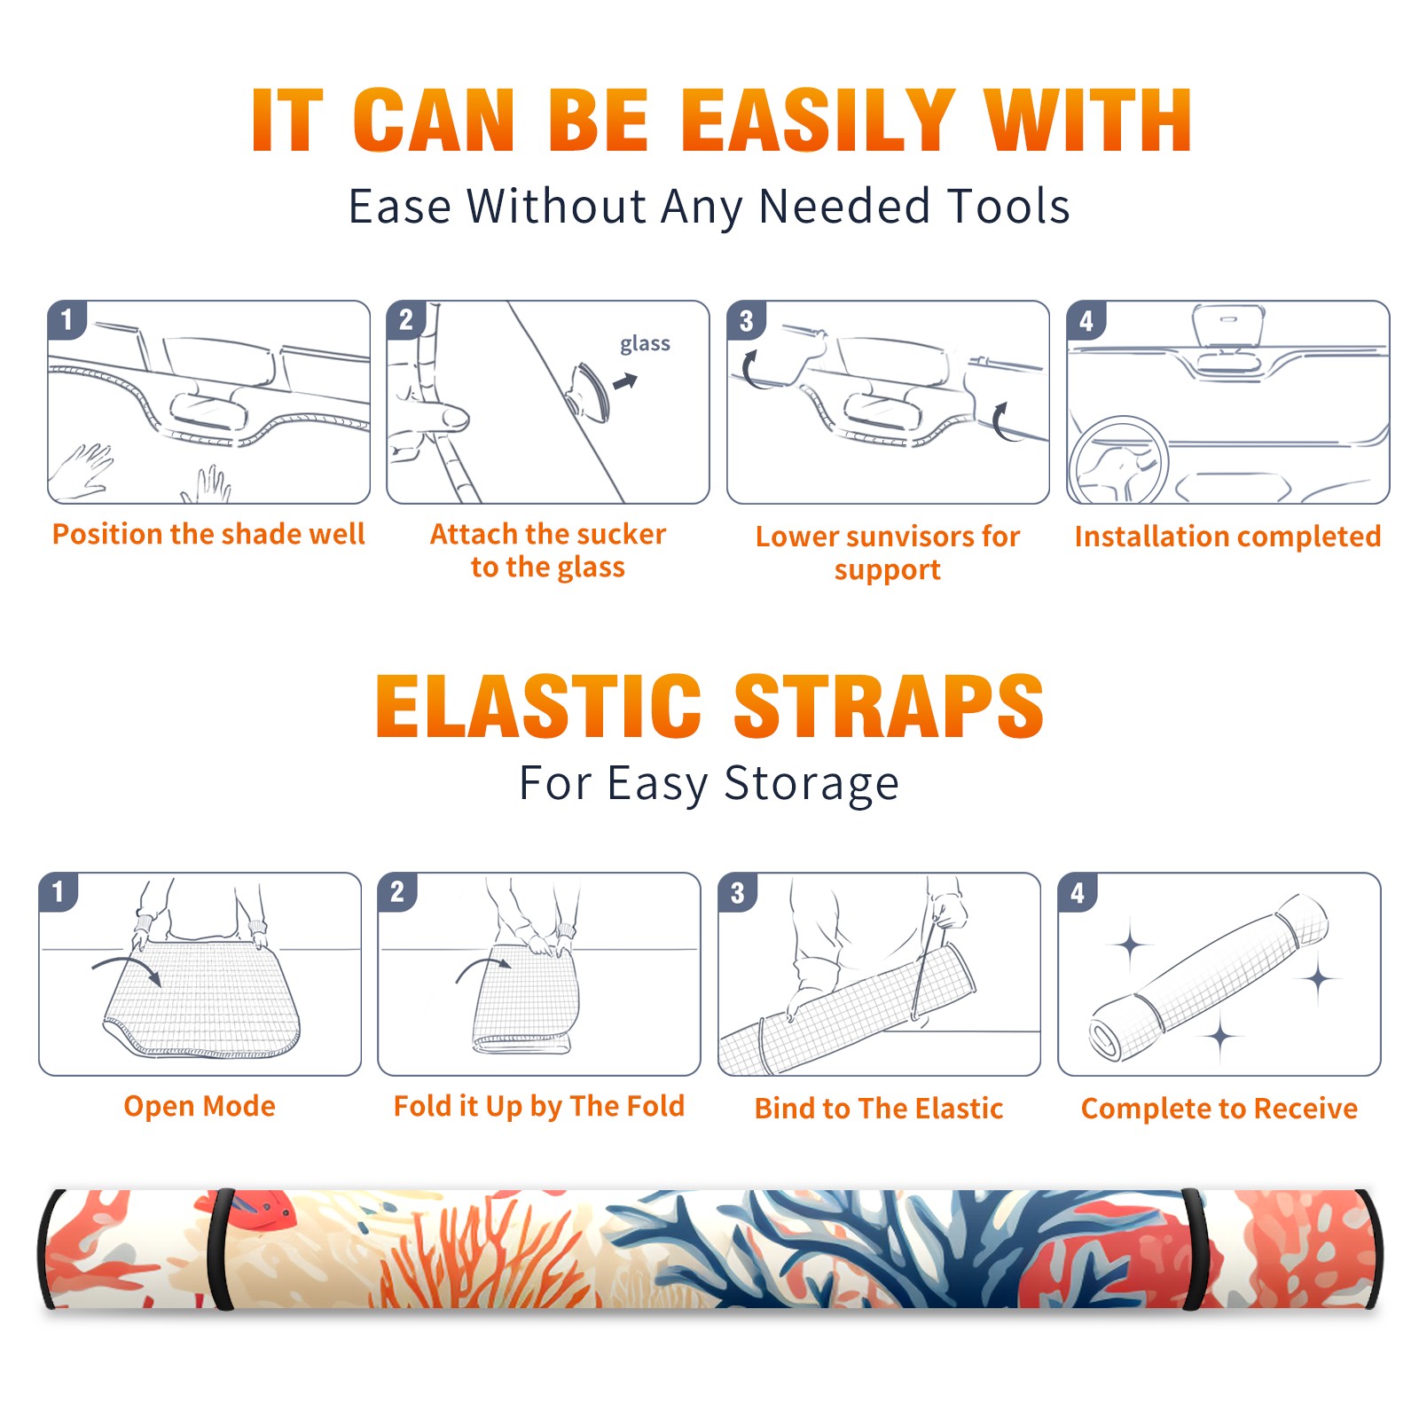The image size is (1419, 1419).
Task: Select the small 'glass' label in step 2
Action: click(645, 344)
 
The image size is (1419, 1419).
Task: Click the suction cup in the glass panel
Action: click(589, 390)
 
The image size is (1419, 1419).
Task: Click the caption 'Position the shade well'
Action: click(208, 534)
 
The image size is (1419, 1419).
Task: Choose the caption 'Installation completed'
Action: click(1227, 537)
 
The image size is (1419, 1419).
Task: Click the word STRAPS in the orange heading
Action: click(889, 706)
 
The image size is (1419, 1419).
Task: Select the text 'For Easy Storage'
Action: click(709, 784)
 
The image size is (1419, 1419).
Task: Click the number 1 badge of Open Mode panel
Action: click(59, 891)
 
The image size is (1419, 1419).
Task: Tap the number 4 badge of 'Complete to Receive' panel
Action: click(1078, 892)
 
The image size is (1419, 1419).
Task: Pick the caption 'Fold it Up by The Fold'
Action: click(539, 1106)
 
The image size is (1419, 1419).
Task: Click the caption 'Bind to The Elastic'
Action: click(879, 1109)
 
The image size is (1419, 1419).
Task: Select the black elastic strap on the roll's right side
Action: click(1195, 1250)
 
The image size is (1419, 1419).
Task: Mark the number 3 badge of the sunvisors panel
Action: click(747, 320)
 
